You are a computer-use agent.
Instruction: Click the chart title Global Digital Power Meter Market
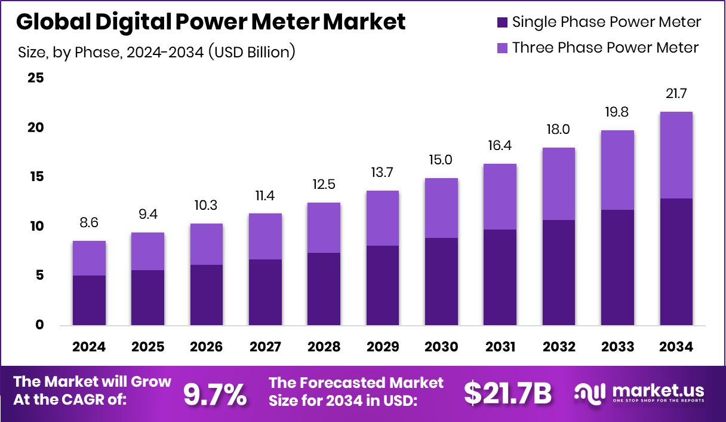point(211,22)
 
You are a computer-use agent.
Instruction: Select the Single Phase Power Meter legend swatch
point(502,22)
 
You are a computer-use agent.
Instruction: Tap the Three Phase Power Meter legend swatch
point(502,47)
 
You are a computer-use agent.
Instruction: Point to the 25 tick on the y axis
point(35,78)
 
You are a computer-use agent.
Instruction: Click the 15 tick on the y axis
point(35,177)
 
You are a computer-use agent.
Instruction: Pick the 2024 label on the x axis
point(89,347)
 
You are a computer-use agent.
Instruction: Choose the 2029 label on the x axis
point(383,347)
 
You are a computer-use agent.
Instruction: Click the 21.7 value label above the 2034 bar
point(676,94)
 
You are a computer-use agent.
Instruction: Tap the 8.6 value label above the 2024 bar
point(89,223)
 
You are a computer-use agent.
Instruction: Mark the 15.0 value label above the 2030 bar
point(441,160)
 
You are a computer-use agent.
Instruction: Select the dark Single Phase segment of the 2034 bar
point(676,262)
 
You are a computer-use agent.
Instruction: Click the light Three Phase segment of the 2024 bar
point(89,258)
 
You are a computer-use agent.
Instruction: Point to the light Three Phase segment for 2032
point(559,184)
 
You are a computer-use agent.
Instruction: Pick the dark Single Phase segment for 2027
point(265,292)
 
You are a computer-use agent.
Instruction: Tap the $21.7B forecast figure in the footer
point(508,393)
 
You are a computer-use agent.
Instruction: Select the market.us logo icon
point(591,393)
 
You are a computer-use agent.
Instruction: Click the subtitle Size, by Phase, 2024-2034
point(157,52)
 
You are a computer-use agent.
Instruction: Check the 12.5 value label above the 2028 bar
point(324,185)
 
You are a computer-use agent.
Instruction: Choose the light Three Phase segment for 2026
point(207,244)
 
